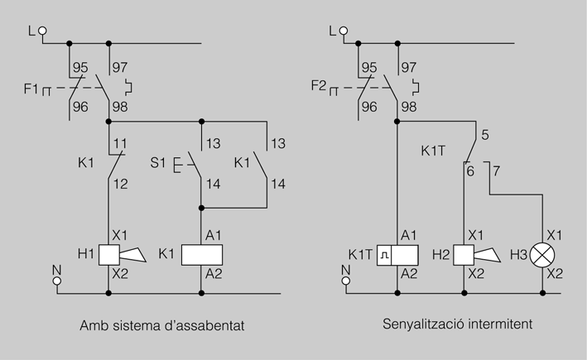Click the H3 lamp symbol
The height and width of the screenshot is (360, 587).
click(542, 255)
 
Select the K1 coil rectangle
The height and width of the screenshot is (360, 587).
click(202, 255)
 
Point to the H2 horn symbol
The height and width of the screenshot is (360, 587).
click(477, 255)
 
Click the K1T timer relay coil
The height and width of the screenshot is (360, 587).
click(397, 255)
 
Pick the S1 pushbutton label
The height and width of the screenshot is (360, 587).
click(157, 163)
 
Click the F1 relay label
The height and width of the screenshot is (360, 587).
click(31, 89)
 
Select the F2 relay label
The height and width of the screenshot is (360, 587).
click(319, 86)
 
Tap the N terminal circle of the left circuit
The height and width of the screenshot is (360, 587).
click(57, 281)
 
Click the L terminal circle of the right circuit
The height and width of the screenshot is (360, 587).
click(344, 31)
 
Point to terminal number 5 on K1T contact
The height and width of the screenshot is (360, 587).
click(485, 135)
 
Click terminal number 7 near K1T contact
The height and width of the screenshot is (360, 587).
click(496, 171)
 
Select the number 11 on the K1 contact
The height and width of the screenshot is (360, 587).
click(120, 143)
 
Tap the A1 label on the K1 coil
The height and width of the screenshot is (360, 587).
click(214, 235)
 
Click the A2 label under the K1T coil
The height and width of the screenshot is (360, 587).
click(409, 274)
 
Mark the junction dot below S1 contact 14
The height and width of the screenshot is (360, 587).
click(201, 208)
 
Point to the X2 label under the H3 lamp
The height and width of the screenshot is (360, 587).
click(555, 274)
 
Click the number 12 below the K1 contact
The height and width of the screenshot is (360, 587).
click(121, 184)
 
